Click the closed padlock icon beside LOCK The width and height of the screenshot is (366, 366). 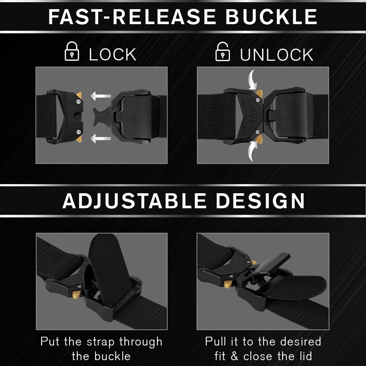[x=72, y=51]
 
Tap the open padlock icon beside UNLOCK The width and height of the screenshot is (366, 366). [x=223, y=52]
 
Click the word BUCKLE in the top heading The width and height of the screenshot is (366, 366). [x=271, y=17]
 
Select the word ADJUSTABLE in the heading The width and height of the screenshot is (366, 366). [x=134, y=201]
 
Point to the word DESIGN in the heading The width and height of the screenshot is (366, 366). [x=260, y=201]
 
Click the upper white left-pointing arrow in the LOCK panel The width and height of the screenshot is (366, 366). [x=100, y=96]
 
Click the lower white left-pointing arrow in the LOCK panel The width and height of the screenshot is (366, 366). [x=100, y=138]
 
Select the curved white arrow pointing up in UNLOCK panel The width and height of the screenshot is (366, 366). [x=252, y=151]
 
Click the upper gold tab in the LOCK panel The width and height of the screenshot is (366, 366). [x=79, y=96]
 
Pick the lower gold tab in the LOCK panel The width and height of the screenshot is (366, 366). [x=79, y=139]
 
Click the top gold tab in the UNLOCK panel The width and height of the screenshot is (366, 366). [x=259, y=94]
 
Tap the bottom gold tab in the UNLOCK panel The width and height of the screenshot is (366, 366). [x=259, y=139]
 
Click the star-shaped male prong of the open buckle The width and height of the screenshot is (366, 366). [x=102, y=116]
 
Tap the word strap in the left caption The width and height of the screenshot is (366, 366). [x=101, y=342]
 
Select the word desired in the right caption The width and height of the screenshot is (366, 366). [x=300, y=342]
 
